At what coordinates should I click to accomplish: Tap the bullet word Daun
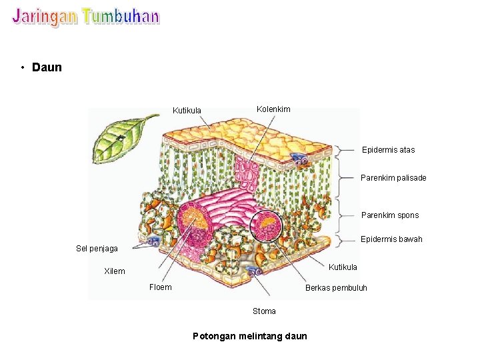pyautogui.click(x=47, y=67)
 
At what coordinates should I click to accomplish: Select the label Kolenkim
pyautogui.click(x=273, y=109)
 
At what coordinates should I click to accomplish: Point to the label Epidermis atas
pyautogui.click(x=388, y=150)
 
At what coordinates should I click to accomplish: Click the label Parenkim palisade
pyautogui.click(x=393, y=178)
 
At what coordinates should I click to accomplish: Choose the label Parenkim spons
pyautogui.click(x=390, y=215)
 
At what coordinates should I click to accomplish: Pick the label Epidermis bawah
pyautogui.click(x=391, y=239)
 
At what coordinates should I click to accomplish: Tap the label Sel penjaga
pyautogui.click(x=97, y=249)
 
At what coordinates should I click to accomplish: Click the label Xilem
pyautogui.click(x=115, y=271)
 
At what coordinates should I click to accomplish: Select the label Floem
pyautogui.click(x=160, y=287)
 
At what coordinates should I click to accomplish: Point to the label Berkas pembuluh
pyautogui.click(x=336, y=288)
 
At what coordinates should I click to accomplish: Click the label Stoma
pyautogui.click(x=264, y=311)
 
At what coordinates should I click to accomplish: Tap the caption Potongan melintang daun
pyautogui.click(x=250, y=336)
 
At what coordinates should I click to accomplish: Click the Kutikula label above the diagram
pyautogui.click(x=187, y=111)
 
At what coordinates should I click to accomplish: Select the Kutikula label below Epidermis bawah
pyautogui.click(x=343, y=267)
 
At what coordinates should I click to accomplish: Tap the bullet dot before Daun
pyautogui.click(x=23, y=67)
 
